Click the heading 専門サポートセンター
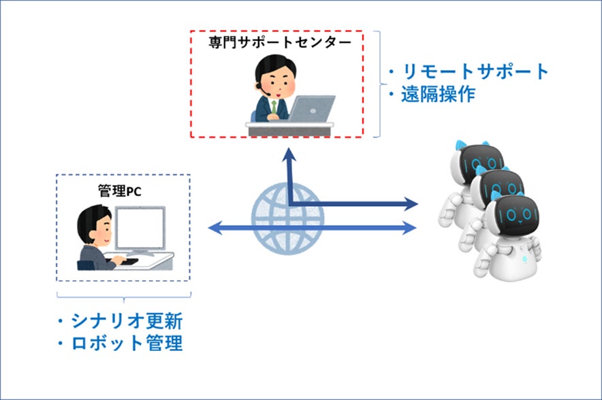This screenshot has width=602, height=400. (279, 42)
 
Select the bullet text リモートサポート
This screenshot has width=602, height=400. (475, 71)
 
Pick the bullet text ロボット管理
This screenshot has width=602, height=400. (126, 344)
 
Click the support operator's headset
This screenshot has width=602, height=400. (259, 84)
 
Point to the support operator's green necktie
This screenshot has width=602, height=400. (275, 107)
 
